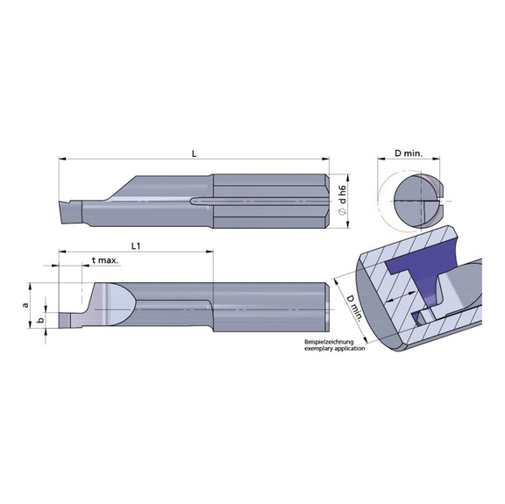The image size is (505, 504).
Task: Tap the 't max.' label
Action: tap(105, 261)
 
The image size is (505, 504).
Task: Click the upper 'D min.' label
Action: tap(409, 153)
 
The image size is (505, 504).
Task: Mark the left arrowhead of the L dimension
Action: tap(62, 159)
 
